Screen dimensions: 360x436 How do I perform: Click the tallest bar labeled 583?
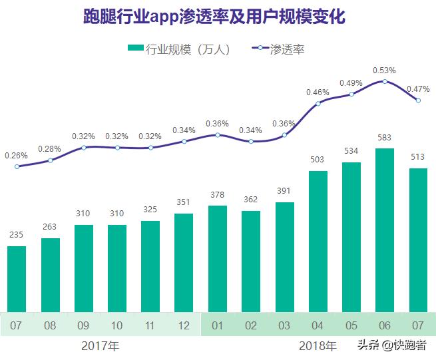tap(385, 229)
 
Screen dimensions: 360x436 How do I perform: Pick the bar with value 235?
tap(17, 278)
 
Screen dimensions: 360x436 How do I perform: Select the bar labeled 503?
tap(318, 240)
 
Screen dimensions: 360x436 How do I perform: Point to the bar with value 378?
tap(218, 258)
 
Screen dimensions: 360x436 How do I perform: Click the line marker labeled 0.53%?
tap(385, 81)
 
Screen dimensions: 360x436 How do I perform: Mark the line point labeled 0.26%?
tap(17, 166)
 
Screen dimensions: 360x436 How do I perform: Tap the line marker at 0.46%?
tap(318, 103)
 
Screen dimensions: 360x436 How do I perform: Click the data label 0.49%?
tap(351, 83)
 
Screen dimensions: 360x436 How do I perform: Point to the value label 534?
tap(351, 151)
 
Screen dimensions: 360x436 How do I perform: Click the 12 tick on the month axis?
tap(184, 326)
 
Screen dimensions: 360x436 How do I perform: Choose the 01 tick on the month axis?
tap(218, 326)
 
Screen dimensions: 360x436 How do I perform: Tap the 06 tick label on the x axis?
tap(385, 326)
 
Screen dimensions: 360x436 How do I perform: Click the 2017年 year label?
tap(101, 346)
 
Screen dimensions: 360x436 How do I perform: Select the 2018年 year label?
tap(318, 346)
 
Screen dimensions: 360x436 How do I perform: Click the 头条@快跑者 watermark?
tap(392, 345)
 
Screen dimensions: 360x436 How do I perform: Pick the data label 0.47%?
tap(417, 89)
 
